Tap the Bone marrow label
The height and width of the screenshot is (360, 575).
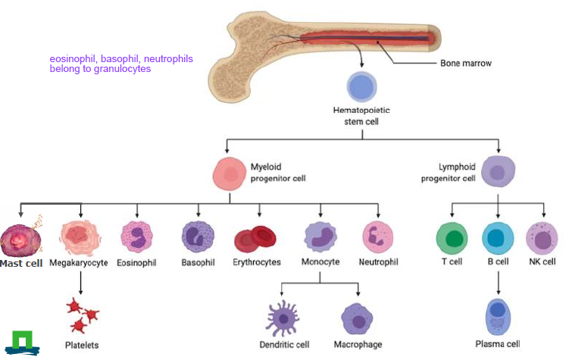click(x=465, y=64)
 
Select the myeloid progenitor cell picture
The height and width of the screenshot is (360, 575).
click(x=230, y=174)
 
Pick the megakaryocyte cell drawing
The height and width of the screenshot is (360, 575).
click(x=80, y=236)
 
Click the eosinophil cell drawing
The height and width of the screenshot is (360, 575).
click(x=137, y=236)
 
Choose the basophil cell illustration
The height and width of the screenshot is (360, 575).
click(x=198, y=236)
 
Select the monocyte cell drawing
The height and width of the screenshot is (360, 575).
click(x=320, y=236)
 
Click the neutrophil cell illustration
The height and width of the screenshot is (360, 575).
click(x=377, y=236)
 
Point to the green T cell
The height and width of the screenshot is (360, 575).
click(x=452, y=238)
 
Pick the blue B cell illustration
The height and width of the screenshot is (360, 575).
click(x=498, y=238)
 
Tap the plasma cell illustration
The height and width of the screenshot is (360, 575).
click(x=498, y=316)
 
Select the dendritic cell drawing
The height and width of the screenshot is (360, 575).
click(x=282, y=318)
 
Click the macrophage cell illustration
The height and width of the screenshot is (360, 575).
click(x=356, y=318)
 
